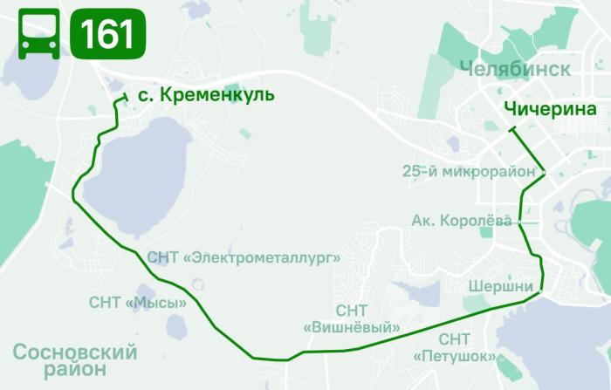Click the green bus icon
(x=38, y=34)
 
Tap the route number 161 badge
(x=107, y=34)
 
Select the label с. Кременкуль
(x=200, y=94)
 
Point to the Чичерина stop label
(x=549, y=110)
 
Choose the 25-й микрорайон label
(x=469, y=171)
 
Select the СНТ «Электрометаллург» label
(x=244, y=257)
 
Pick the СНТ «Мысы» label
(x=138, y=303)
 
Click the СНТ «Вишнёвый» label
(x=352, y=319)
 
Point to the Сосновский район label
(x=76, y=360)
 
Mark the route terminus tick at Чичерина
(x=512, y=130)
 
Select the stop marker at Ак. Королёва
(x=521, y=222)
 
